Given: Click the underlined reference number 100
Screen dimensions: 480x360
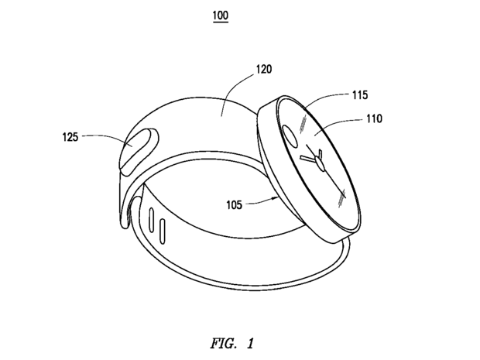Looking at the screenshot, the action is click(x=221, y=15).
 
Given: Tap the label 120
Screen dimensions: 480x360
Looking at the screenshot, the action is click(x=264, y=70).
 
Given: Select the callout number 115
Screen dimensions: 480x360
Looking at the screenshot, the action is click(x=360, y=95).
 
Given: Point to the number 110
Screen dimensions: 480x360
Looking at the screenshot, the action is click(x=375, y=118).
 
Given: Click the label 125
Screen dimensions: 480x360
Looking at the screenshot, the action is click(x=70, y=137).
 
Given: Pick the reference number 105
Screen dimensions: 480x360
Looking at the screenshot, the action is click(x=234, y=204).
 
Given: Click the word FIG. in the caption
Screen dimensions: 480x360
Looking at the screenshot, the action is click(x=224, y=344).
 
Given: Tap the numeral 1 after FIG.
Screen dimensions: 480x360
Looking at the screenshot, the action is click(x=250, y=344).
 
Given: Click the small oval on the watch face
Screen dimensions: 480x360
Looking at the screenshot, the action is click(x=290, y=135).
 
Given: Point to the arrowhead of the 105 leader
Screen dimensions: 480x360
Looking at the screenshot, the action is click(x=275, y=199).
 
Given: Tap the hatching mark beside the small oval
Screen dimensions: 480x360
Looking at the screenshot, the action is click(x=303, y=124).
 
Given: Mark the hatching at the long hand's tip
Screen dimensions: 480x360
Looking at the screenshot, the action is click(x=341, y=198).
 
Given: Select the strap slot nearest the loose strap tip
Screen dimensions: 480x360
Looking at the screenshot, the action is click(x=151, y=220).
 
